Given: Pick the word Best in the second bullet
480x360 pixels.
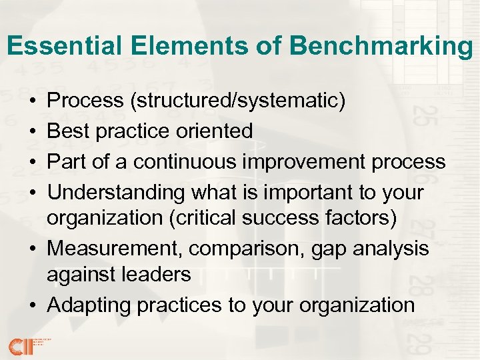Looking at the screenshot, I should pos(67,131).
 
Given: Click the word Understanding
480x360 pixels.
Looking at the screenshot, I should pos(117,193).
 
